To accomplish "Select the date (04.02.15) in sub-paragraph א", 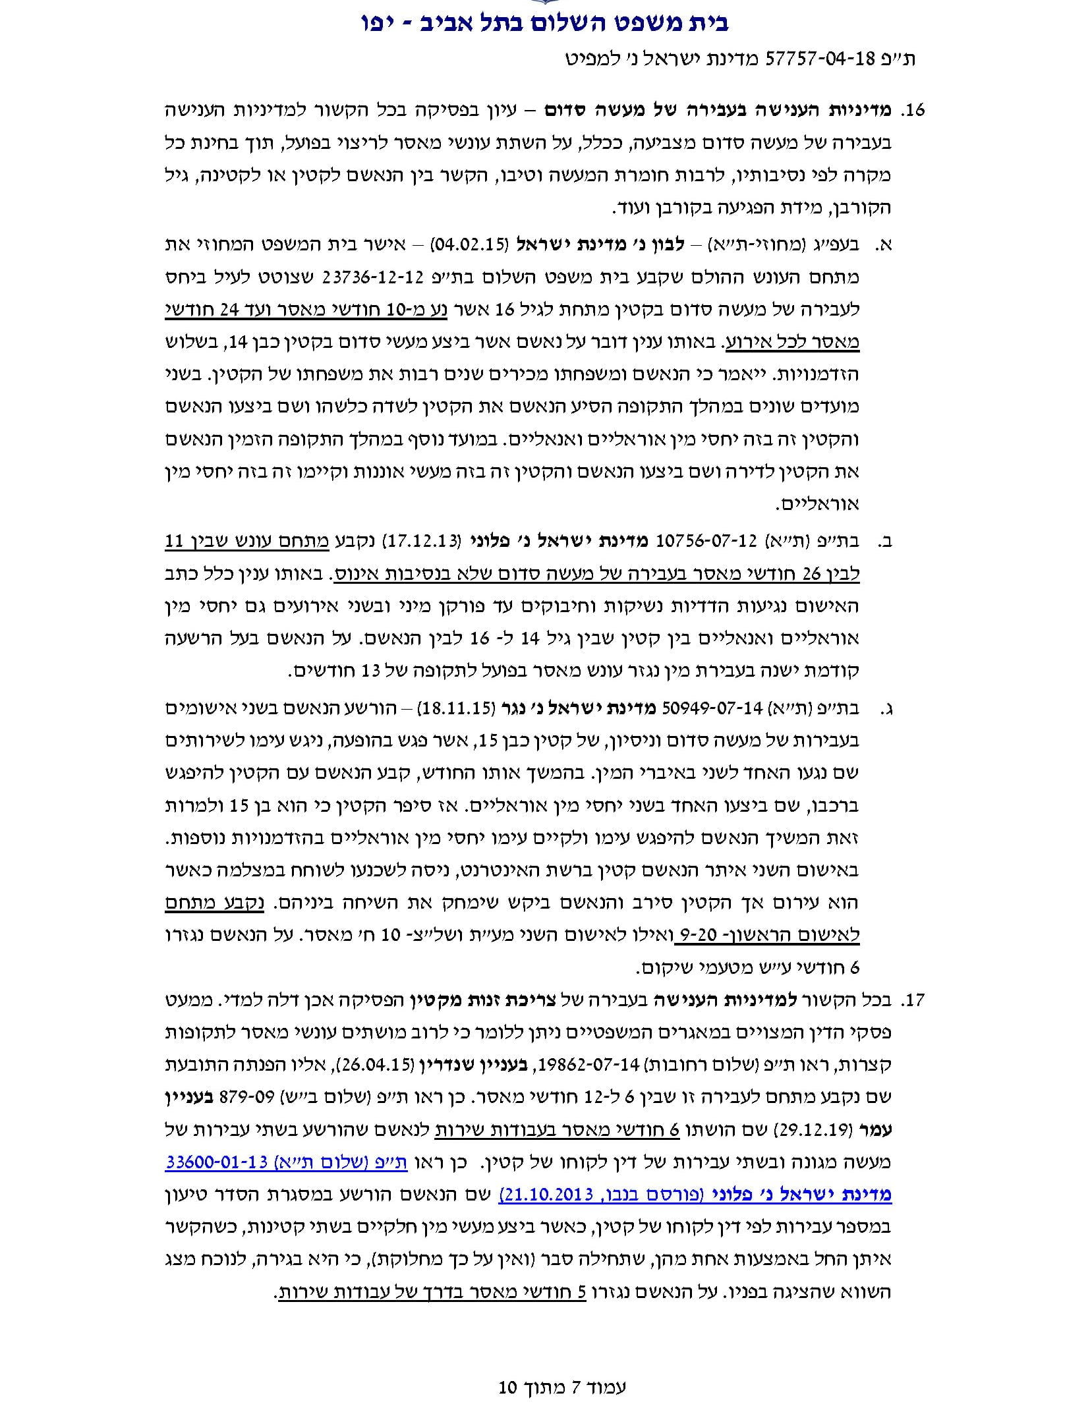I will pos(469,245).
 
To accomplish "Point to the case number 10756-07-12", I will pos(700,542).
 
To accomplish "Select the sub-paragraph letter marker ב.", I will pos(885,542).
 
